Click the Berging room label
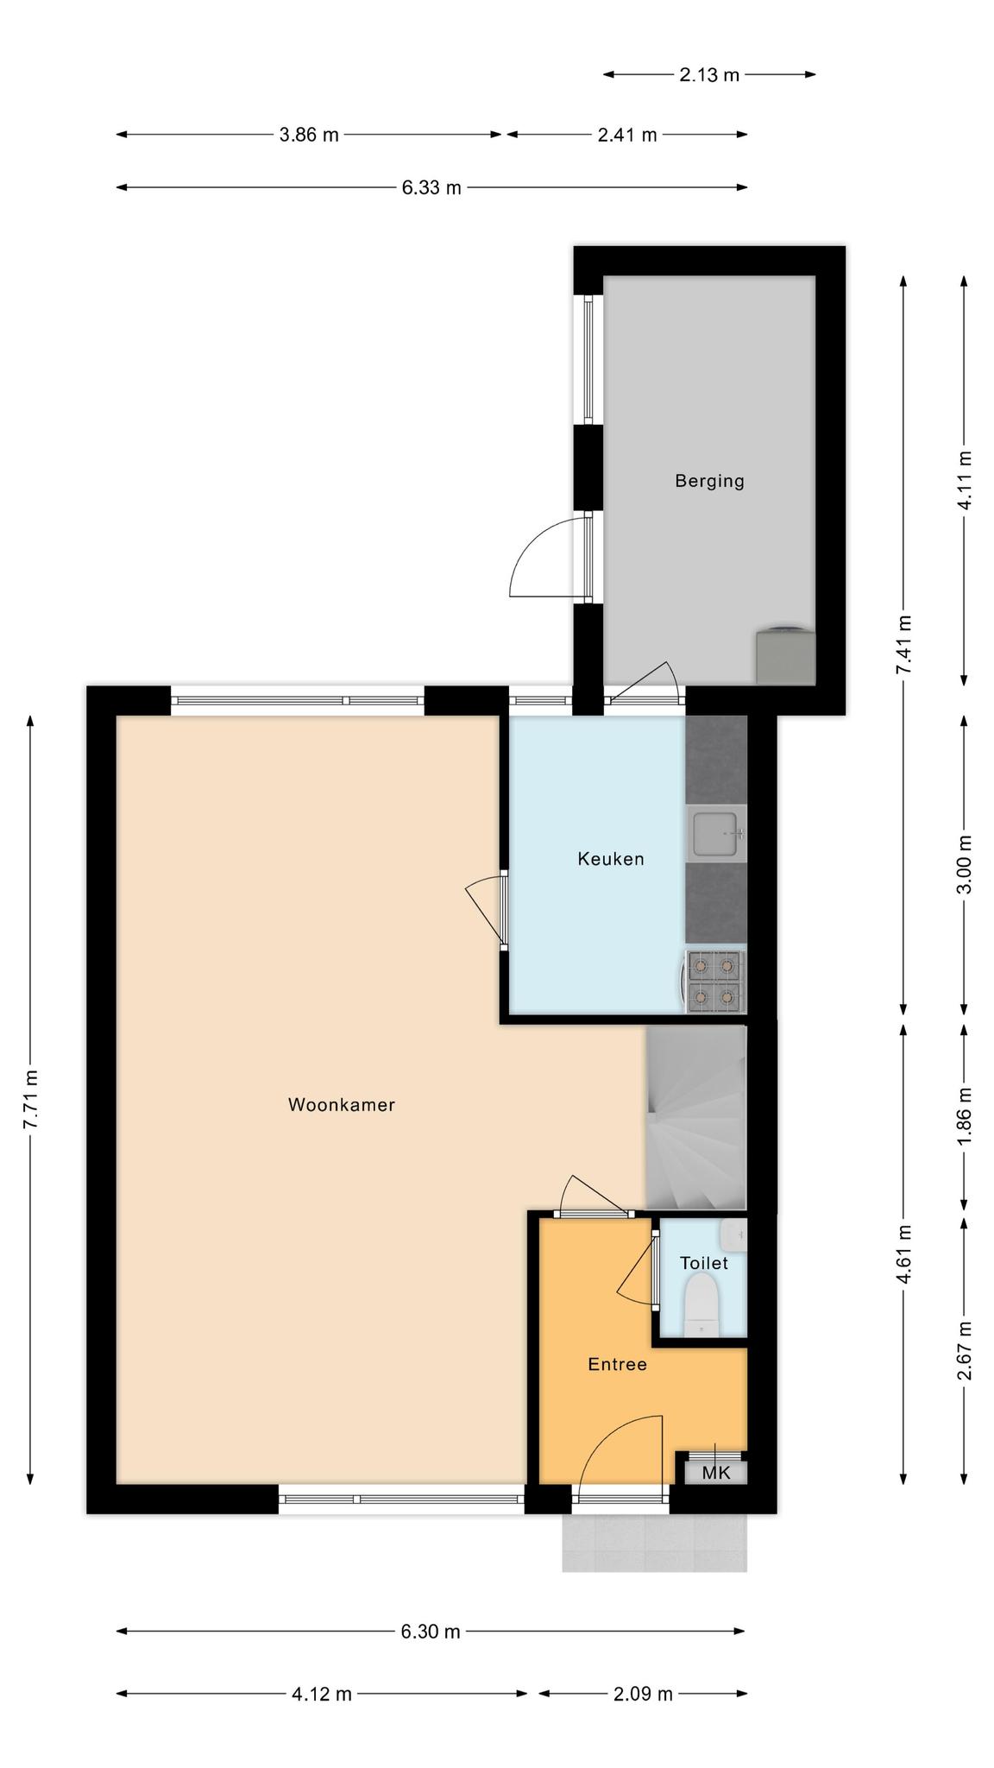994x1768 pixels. click(709, 481)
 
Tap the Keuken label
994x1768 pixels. click(611, 859)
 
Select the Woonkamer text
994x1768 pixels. click(342, 1104)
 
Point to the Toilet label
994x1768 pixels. click(704, 1263)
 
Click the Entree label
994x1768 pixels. click(617, 1364)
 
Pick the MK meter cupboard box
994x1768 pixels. click(716, 1472)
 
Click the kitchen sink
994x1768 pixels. click(716, 834)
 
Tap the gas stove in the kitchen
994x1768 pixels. click(716, 981)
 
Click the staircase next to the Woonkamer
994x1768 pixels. click(696, 1117)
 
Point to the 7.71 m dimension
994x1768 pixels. click(31, 1099)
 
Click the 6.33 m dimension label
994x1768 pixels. click(431, 187)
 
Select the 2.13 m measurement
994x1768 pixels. click(709, 75)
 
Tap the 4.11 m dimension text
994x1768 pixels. click(965, 481)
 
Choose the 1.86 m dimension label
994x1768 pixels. click(965, 1116)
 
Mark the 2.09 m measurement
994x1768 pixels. click(643, 1694)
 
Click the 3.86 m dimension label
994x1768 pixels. click(309, 135)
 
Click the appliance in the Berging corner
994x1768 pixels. click(785, 654)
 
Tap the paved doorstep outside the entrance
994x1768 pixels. click(655, 1542)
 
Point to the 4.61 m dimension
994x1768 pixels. click(903, 1254)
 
